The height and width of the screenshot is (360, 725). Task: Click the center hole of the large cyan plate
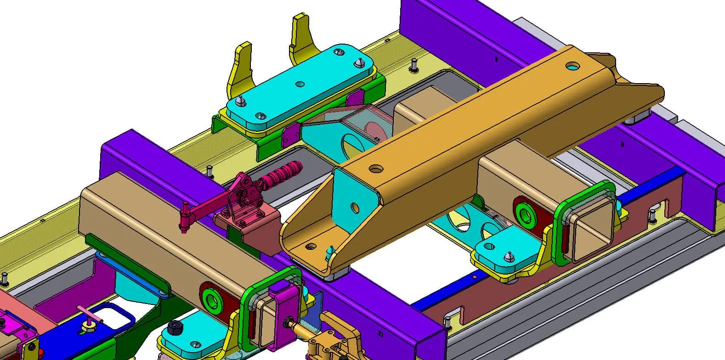click(300, 84)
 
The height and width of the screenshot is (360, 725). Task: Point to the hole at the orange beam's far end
click(572, 66)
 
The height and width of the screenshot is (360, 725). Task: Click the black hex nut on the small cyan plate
click(174, 327)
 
